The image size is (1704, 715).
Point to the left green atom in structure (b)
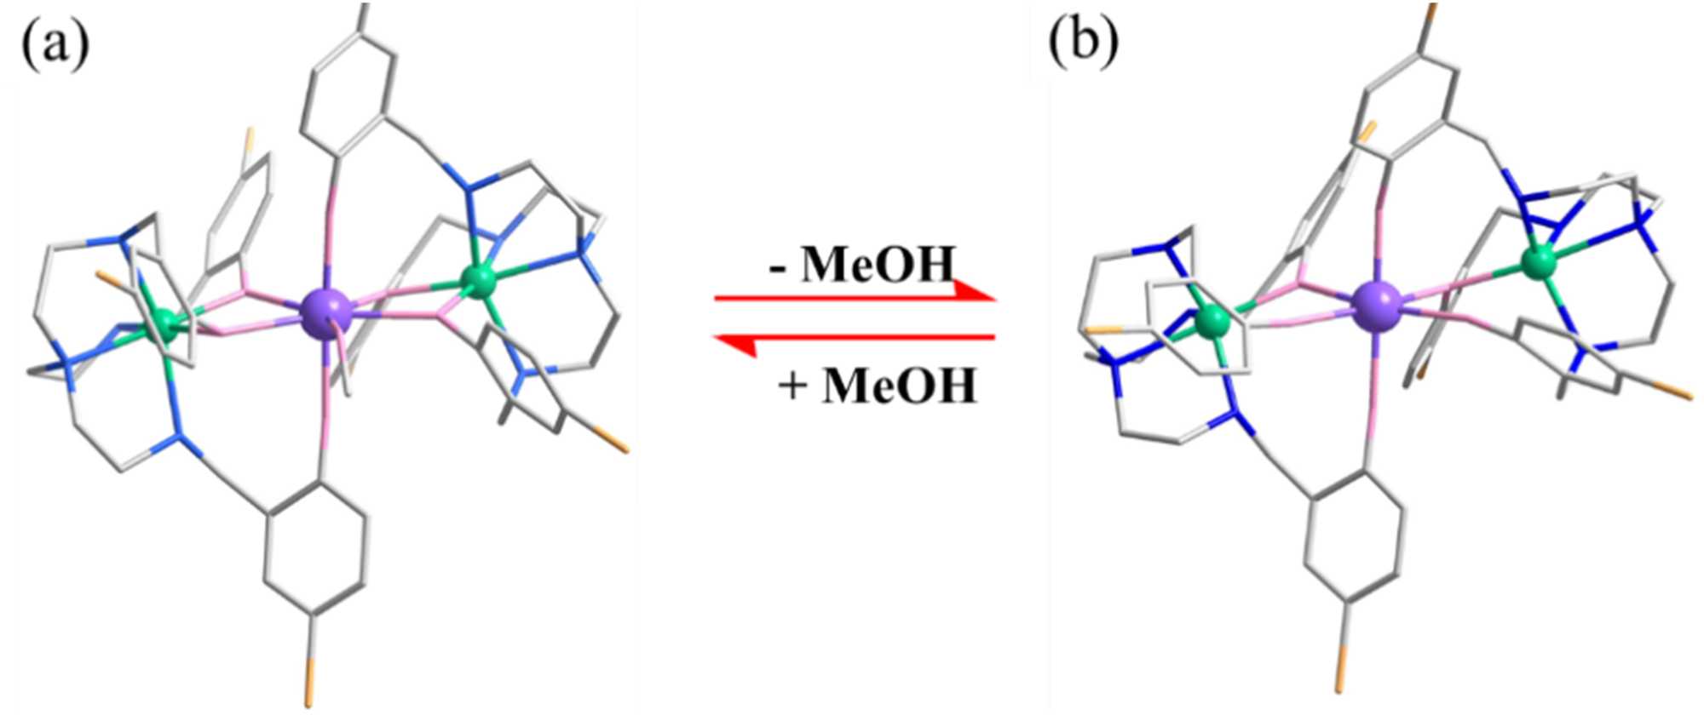pyautogui.click(x=1212, y=323)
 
